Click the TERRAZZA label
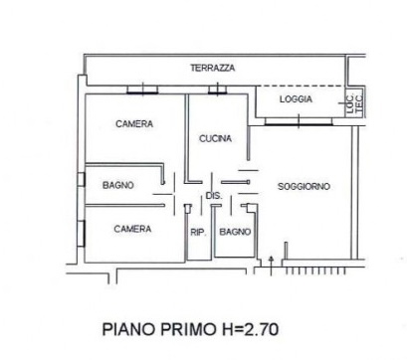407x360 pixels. pos(212,68)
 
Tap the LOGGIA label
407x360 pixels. pos(297,100)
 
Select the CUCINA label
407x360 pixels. pos(216,138)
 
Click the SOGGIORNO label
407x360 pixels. pos(305,186)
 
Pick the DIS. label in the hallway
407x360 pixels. pos(213,197)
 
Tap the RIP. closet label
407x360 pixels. pos(197,232)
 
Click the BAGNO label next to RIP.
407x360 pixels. pos(235,232)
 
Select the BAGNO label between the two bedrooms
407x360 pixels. pos(118,185)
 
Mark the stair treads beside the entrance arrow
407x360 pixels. pos(315,269)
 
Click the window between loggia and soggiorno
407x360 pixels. pos(298,120)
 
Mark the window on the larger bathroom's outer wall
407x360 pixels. pos(83,184)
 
